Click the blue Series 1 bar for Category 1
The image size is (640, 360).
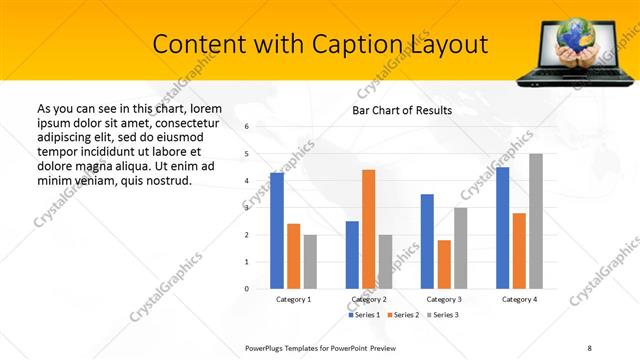coord(277,231)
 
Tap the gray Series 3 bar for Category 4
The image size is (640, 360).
coord(536,221)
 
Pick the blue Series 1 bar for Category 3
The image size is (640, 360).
coord(427,241)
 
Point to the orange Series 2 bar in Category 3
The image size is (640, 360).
coord(444,264)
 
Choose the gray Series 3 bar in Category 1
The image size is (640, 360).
coord(310,261)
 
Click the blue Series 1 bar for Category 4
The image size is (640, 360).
coord(502,228)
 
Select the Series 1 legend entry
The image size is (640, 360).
coord(363,315)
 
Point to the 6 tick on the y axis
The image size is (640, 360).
coord(247,127)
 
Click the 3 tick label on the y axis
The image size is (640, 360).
coord(247,208)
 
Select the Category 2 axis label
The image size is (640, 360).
coord(369,299)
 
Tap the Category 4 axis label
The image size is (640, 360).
coord(519,299)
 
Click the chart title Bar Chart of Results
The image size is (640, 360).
coord(402,110)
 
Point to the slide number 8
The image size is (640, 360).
coord(590,347)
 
